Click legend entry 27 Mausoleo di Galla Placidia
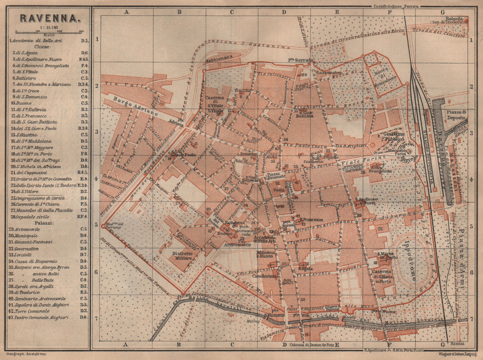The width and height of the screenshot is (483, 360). (41, 210)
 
